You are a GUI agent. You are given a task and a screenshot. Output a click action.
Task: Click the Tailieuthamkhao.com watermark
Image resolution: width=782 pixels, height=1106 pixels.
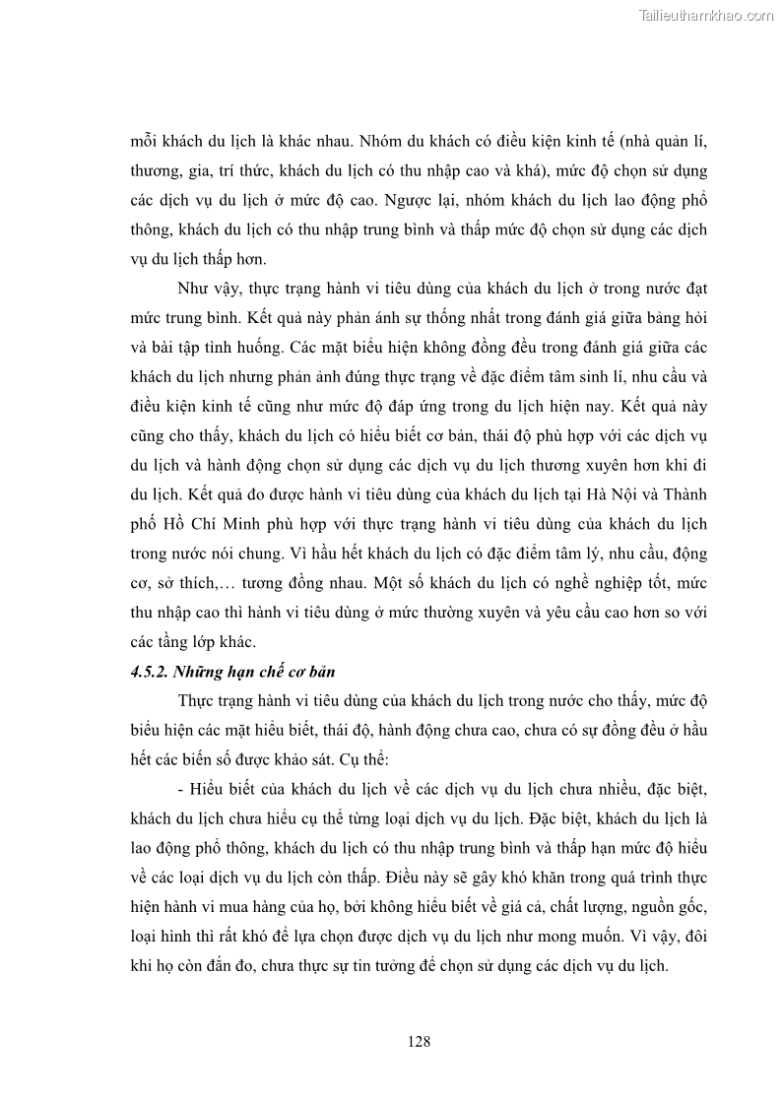coord(706,15)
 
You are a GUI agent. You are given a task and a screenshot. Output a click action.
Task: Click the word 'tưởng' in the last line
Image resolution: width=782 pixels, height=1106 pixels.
coord(415,966)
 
